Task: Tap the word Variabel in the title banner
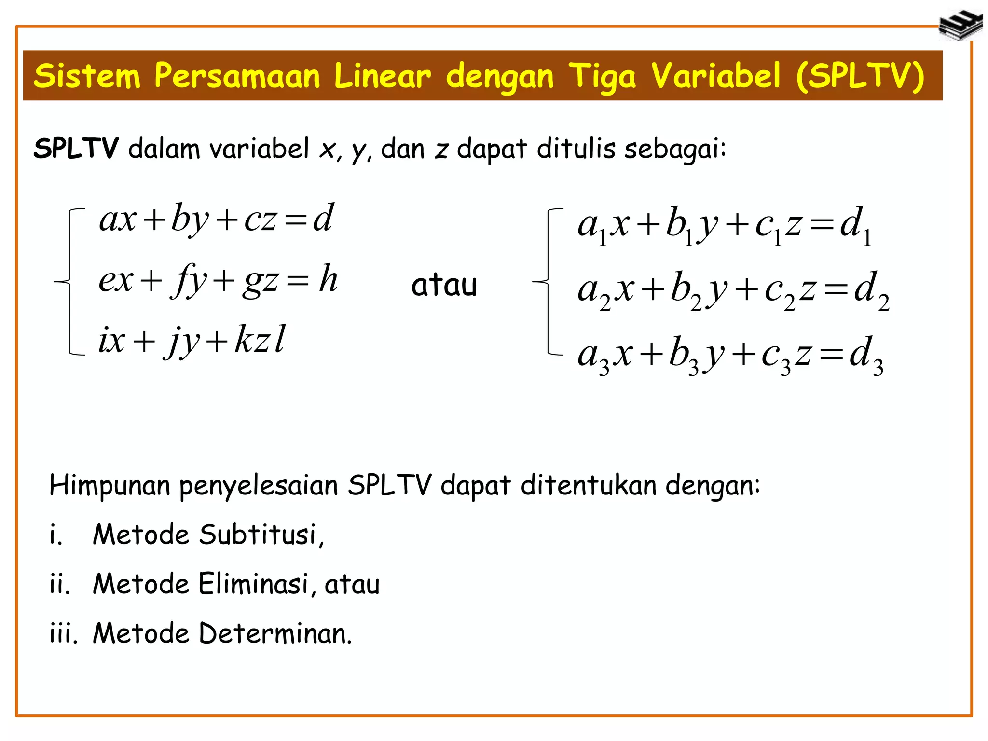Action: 715,76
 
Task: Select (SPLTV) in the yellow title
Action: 860,76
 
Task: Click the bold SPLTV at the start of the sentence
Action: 76,148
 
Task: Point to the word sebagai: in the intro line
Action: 675,149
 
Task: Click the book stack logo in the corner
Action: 961,25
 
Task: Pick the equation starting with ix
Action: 192,340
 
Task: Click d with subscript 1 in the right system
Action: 855,226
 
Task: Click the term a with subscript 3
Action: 593,357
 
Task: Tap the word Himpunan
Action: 110,485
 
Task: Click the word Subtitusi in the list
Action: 258,535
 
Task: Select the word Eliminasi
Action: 253,584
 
